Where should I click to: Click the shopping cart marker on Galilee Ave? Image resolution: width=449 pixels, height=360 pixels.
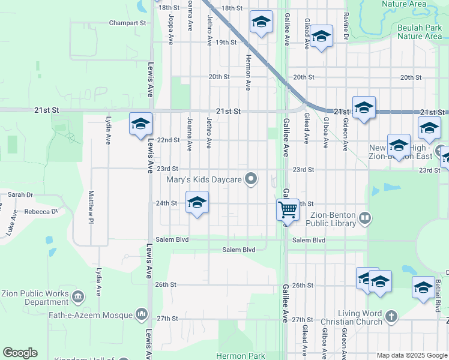coord(288,210)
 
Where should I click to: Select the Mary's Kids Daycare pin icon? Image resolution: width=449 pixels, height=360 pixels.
coord(253,178)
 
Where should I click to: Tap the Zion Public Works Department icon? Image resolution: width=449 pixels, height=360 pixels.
coord(77,297)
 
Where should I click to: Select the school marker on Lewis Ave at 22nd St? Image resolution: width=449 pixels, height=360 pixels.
coord(140,124)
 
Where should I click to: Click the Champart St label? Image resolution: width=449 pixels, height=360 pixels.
coord(128,23)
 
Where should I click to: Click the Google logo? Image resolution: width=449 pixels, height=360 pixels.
coord(20,353)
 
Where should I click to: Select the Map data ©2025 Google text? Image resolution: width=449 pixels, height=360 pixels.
coord(412,355)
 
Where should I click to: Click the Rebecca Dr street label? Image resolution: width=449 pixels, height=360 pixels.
coord(41,211)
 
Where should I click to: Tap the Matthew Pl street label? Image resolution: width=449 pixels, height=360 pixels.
coord(91,205)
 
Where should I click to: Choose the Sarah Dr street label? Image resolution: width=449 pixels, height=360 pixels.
coord(20,194)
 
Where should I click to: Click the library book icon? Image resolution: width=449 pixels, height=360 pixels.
coord(364,217)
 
